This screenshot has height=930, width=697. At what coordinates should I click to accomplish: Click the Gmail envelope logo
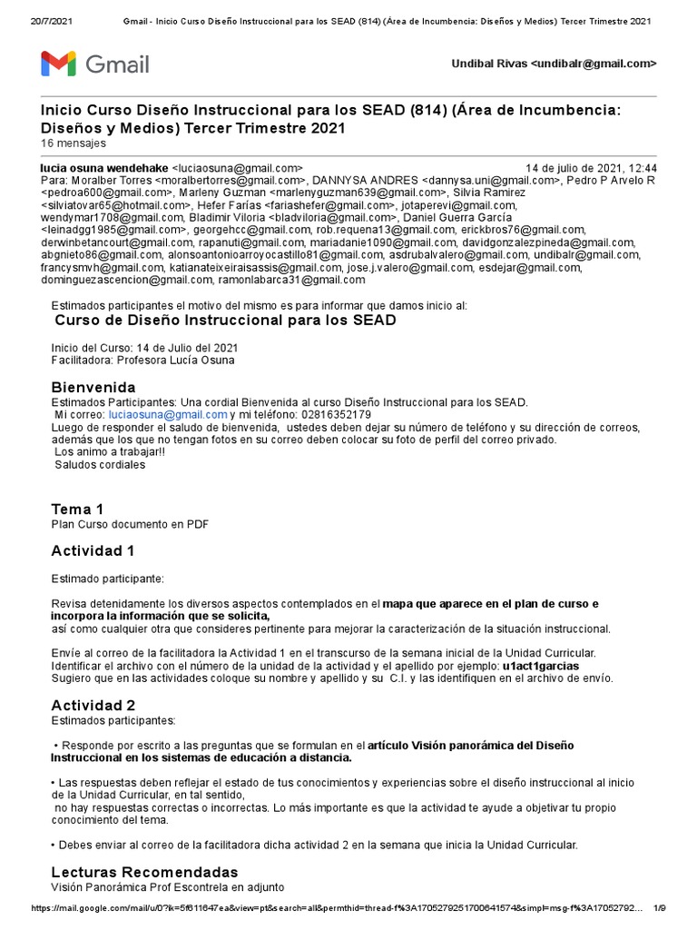coord(59,64)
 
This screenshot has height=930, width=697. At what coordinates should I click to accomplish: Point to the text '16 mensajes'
coord(74,143)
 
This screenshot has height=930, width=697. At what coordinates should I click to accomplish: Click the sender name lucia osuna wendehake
coord(105,168)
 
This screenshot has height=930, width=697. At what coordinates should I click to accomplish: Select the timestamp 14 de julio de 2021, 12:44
coord(592,168)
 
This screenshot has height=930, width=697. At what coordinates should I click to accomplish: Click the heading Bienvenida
coord(93,387)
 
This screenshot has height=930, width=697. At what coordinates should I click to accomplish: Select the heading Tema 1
coord(77,509)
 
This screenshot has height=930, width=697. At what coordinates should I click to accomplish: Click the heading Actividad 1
coord(93,550)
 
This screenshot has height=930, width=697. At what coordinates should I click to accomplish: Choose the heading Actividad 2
coord(93,705)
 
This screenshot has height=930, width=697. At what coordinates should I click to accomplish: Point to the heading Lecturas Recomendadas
coord(144,872)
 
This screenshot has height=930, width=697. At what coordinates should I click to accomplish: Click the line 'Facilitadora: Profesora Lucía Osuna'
coord(142,361)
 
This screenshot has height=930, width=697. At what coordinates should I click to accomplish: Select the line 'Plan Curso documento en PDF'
coord(131,524)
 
